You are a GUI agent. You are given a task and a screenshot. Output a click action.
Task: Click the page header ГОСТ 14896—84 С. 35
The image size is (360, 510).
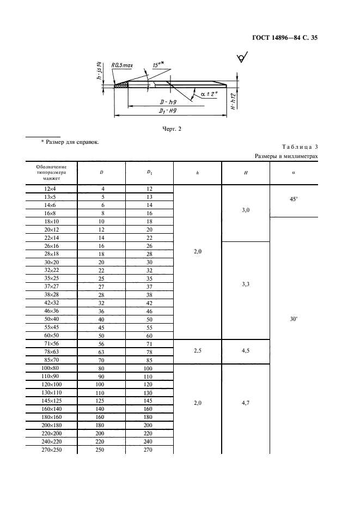point(284,38)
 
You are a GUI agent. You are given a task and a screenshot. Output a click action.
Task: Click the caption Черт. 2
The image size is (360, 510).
point(172,129)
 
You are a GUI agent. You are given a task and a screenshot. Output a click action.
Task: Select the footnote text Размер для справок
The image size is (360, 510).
point(70,142)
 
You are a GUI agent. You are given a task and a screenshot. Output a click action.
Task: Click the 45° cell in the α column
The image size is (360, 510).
point(294,199)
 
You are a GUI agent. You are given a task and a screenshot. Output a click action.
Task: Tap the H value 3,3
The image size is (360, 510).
point(246,284)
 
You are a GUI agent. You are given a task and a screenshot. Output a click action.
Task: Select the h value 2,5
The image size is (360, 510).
point(198,351)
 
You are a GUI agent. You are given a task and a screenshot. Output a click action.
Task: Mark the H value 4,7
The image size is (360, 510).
point(246,404)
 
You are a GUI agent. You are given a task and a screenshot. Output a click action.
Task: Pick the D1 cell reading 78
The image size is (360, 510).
point(149,352)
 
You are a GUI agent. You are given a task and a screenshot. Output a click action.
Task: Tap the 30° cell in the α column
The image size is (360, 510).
point(294,319)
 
